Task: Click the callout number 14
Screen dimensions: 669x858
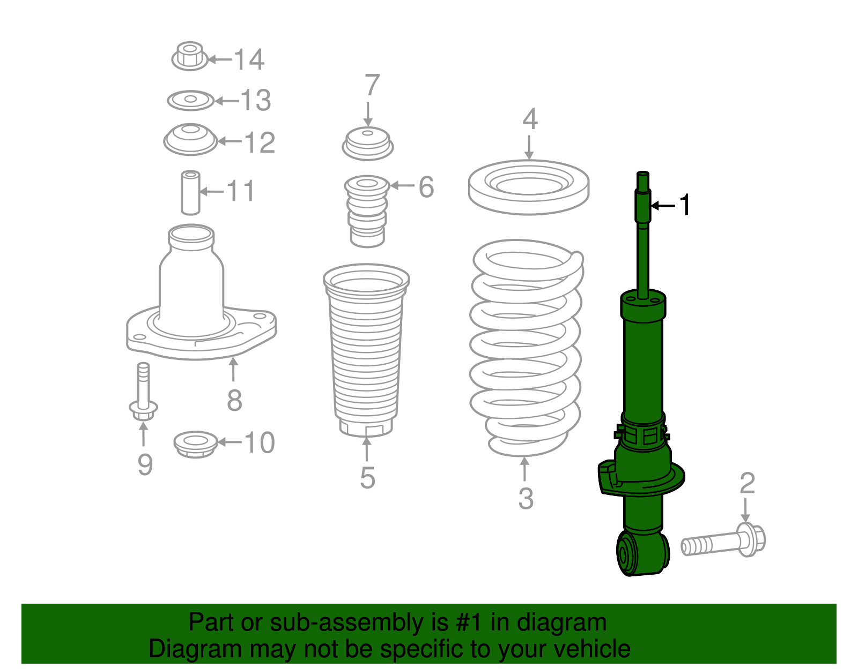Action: pos(249,59)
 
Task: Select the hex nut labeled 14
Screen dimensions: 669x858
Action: pos(189,56)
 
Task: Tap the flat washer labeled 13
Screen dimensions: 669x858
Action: pos(190,100)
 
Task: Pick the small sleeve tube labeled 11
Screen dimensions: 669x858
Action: pos(190,192)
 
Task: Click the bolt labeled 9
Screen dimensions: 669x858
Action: pos(143,394)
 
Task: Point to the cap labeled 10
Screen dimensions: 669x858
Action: pos(196,444)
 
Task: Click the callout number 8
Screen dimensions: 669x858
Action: pos(234,400)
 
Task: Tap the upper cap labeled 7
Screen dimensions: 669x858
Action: pos(368,144)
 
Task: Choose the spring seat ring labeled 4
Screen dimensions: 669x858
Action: pos(529,187)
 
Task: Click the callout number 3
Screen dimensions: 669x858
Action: pos(526,498)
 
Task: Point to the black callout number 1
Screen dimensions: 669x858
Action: pos(685,205)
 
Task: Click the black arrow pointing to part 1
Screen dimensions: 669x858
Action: pos(663,205)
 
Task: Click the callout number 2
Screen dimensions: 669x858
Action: pos(747,483)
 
